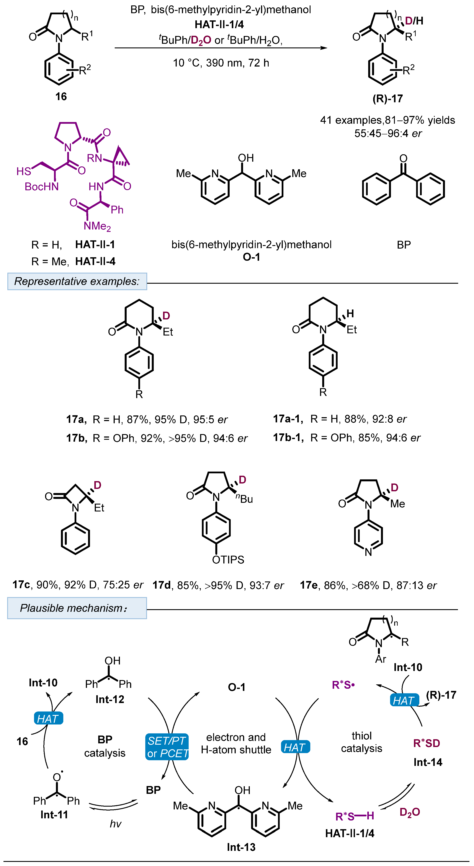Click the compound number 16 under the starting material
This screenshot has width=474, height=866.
(x=61, y=96)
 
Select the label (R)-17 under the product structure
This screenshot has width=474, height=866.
(x=387, y=99)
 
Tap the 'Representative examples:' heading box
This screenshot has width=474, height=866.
(x=77, y=281)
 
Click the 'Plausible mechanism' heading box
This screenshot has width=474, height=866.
(x=77, y=608)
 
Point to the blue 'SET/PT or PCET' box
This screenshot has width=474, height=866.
(x=167, y=747)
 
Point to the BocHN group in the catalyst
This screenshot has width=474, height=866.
(x=42, y=187)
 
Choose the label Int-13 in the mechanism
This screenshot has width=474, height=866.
(x=241, y=847)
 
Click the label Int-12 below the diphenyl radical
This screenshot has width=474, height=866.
(x=110, y=700)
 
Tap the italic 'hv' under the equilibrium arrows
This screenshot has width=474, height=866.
(x=115, y=824)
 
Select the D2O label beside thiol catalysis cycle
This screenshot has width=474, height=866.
(x=409, y=812)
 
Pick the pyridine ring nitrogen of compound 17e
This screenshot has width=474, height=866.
(x=368, y=552)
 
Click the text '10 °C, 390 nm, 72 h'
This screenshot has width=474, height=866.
(x=221, y=63)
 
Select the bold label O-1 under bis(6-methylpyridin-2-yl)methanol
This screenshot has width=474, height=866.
(x=251, y=257)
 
